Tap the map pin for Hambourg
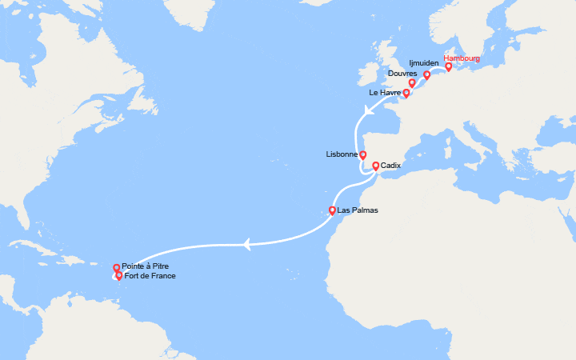[x=449, y=67]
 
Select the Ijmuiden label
[x=424, y=62]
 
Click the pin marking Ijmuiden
[x=427, y=76]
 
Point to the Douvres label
[x=402, y=74]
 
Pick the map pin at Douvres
[x=412, y=83]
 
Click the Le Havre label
[x=384, y=93]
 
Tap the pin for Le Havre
[x=406, y=93]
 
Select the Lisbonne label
[x=342, y=154]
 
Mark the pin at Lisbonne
[x=362, y=155]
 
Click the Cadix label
[x=391, y=166]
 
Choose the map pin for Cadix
[x=375, y=166]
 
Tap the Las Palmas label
[x=358, y=210]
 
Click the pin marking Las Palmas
[x=332, y=211]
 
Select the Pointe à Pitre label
[x=146, y=266]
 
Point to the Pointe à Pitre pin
[x=117, y=269]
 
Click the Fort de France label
[x=150, y=276]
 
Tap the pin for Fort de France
[x=119, y=276]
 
